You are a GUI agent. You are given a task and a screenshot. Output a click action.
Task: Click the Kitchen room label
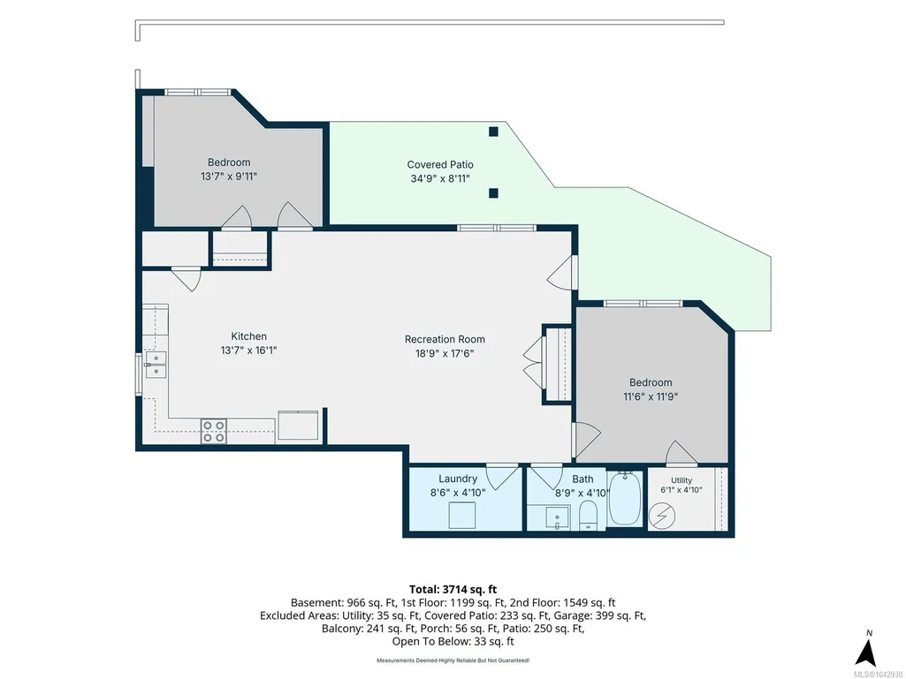pos(248,336)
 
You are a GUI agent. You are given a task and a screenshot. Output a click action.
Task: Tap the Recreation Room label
pos(445,339)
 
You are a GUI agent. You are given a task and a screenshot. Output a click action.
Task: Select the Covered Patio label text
pos(439,164)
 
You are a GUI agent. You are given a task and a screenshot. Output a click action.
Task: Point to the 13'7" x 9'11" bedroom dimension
pos(229,176)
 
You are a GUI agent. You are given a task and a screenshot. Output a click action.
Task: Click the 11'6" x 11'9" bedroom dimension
pos(650,396)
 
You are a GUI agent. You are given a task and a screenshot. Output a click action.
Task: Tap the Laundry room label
pos(458,479)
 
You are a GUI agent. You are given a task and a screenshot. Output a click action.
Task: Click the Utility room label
pos(681,480)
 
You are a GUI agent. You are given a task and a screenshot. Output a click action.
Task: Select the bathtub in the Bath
pos(625,498)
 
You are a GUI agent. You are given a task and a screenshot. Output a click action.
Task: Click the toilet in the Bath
pos(588,515)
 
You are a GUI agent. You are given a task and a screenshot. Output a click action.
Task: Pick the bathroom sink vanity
pos(557,517)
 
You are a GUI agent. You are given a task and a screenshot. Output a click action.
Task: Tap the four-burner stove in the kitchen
pos(213,431)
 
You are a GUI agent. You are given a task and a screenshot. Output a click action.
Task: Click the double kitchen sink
pos(156,365)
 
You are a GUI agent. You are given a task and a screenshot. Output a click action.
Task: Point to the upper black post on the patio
pos(493,132)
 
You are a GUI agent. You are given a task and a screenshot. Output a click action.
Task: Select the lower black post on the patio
pos(493,192)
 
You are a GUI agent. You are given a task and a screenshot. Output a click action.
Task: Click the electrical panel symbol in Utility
pos(661,517)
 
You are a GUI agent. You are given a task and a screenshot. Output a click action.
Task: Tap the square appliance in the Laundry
pos(461,515)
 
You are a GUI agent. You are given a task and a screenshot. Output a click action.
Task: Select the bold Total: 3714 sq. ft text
pos(453,590)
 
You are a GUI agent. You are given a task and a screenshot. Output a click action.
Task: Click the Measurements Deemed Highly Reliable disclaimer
pos(453,660)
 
